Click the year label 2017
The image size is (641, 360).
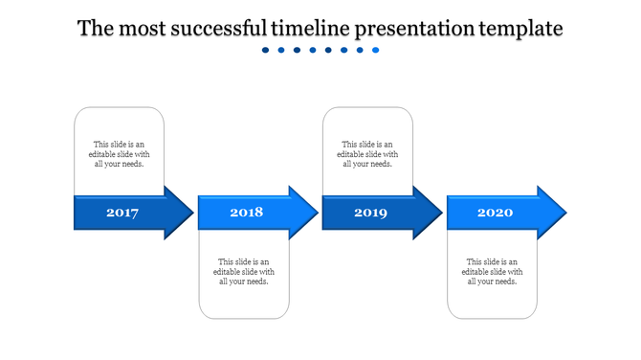(122, 213)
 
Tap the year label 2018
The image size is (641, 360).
(246, 213)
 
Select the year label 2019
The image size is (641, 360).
(370, 213)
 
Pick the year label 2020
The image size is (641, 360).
(495, 213)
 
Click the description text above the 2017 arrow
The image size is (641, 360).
(120, 154)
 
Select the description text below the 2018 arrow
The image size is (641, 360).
(244, 271)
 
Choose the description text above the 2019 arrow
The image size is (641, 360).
(368, 154)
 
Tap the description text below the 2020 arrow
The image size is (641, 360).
(493, 271)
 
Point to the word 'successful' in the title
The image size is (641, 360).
(219, 29)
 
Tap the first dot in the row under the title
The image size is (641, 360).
(266, 50)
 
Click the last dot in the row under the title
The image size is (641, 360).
(376, 50)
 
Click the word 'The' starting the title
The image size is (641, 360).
(96, 29)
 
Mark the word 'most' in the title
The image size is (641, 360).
(143, 29)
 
